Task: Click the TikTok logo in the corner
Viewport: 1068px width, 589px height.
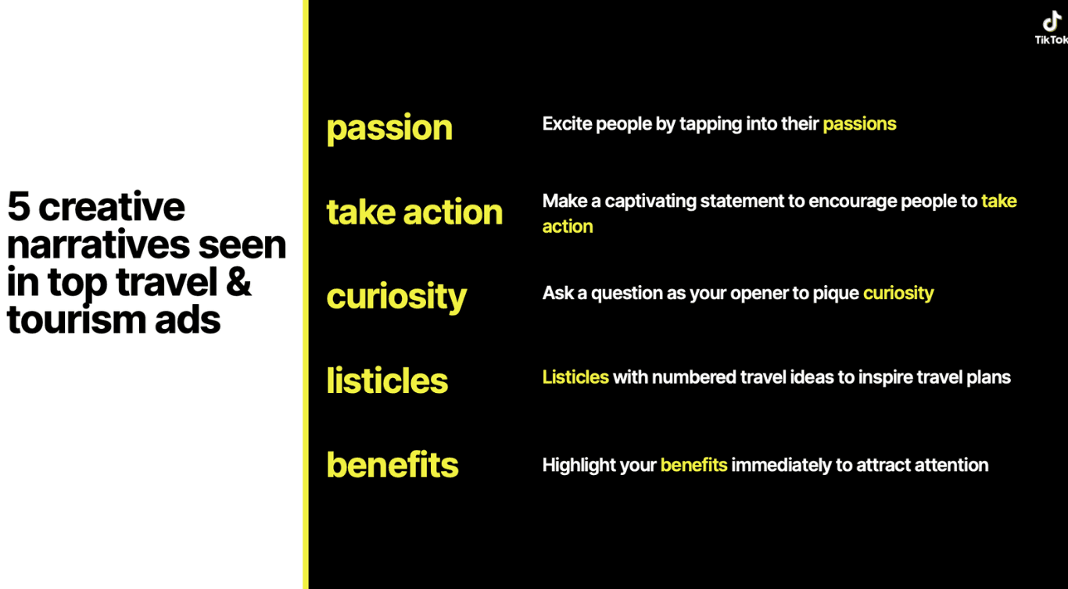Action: click(1052, 28)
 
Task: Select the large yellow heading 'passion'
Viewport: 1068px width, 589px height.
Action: click(389, 128)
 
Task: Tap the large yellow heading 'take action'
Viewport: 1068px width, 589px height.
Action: click(414, 212)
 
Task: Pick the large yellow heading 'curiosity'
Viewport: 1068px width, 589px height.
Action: click(396, 297)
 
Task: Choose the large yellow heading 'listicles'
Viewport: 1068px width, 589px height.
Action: click(387, 381)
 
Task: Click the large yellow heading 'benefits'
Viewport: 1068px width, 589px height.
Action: click(392, 465)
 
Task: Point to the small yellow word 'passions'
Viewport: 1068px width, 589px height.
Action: click(859, 124)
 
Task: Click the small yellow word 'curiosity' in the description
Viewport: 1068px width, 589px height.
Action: click(898, 294)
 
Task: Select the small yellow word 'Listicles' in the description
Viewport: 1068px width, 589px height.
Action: click(575, 377)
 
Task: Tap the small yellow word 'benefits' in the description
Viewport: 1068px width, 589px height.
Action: click(693, 466)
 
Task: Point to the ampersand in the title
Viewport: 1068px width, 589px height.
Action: click(238, 282)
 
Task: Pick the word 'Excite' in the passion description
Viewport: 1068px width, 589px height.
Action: click(567, 123)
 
